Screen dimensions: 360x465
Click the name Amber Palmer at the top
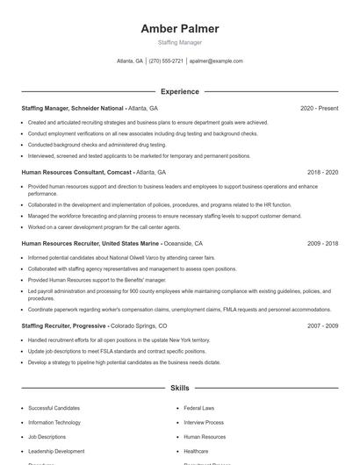(x=179, y=29)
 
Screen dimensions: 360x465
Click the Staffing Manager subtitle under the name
(x=179, y=42)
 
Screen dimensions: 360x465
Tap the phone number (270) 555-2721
(x=166, y=61)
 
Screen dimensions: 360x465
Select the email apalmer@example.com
(x=216, y=61)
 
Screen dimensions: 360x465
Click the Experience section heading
(x=179, y=91)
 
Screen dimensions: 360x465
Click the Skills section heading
(x=179, y=387)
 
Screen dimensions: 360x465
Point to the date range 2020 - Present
(x=319, y=108)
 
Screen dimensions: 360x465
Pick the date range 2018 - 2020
(x=322, y=173)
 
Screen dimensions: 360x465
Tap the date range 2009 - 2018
(x=322, y=243)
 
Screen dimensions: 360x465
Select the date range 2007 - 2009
(x=322, y=325)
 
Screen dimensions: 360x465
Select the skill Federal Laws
(x=198, y=408)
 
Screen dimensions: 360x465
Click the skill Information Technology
(x=55, y=422)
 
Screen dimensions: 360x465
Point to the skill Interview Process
(x=204, y=422)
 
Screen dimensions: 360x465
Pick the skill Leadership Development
(x=56, y=451)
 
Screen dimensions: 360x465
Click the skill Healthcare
(x=197, y=451)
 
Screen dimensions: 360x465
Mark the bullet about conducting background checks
(x=97, y=145)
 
